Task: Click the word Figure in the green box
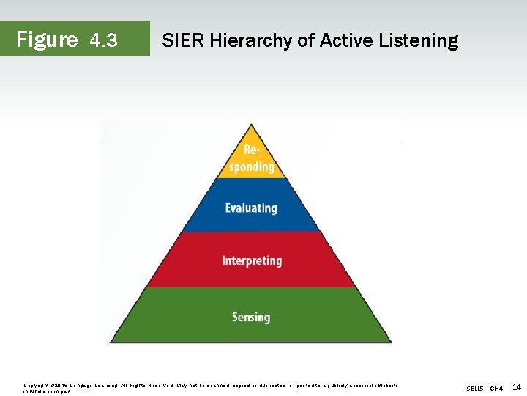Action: (x=47, y=39)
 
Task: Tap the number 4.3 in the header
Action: (x=103, y=40)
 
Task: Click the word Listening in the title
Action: (x=418, y=41)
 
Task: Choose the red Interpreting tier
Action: (x=251, y=260)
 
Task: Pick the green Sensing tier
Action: (x=251, y=317)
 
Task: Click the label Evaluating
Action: (x=251, y=208)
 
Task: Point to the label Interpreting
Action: (x=251, y=261)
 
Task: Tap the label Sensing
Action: (x=251, y=317)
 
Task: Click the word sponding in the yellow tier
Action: (x=251, y=166)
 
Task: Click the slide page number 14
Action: (x=517, y=387)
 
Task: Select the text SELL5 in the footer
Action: (x=476, y=388)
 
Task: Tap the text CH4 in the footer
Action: (x=496, y=388)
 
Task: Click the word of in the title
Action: (x=304, y=40)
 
